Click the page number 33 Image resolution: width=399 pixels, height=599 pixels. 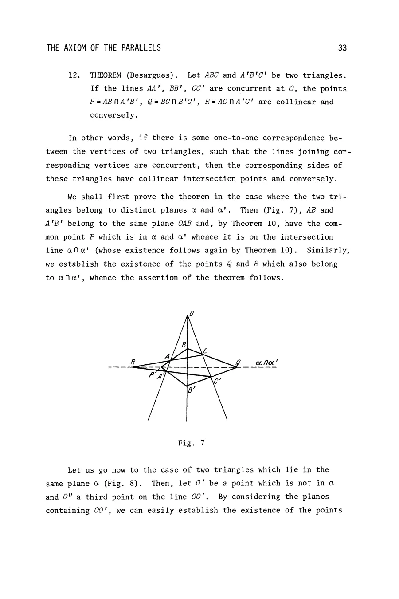point(342,48)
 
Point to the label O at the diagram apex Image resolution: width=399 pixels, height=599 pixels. point(191,314)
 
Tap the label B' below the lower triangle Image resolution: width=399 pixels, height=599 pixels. point(191,391)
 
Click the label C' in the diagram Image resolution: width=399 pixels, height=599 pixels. point(217,381)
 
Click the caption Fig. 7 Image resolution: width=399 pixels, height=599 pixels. point(191,443)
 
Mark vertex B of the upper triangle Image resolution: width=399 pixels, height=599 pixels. point(187,349)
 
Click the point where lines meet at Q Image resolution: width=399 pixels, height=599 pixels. point(236,367)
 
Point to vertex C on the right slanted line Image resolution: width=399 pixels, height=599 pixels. point(203,354)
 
